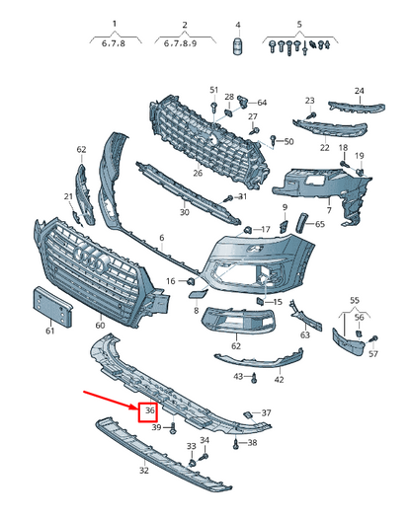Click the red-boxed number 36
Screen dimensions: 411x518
(150, 410)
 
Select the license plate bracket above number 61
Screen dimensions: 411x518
(52, 307)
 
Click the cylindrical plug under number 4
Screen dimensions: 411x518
(237, 46)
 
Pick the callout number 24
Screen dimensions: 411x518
(359, 91)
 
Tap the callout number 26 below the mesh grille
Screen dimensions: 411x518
(198, 173)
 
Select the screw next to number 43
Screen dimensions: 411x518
(254, 378)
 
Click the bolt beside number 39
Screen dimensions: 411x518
(174, 428)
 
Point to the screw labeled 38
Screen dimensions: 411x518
(236, 444)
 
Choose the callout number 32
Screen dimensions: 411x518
(143, 470)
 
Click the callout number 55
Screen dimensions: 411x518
(355, 301)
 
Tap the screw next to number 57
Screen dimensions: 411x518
(374, 338)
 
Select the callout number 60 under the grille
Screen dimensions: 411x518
(100, 326)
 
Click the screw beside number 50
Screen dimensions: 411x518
(274, 140)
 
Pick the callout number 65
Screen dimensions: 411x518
(320, 224)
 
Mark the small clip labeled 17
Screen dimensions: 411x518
(248, 229)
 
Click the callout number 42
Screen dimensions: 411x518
(280, 380)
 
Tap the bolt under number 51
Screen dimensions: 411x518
(214, 107)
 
